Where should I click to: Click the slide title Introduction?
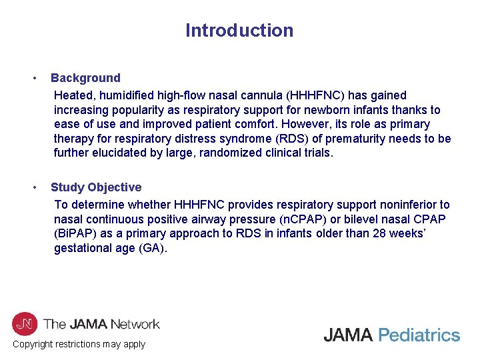[x=239, y=31]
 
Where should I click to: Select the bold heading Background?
[x=85, y=78]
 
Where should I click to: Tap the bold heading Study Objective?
[x=96, y=187]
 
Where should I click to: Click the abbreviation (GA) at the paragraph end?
[x=154, y=249]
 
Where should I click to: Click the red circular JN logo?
[x=25, y=324]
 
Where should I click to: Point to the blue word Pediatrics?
[x=419, y=335]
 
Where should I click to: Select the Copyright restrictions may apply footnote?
[x=79, y=344]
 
